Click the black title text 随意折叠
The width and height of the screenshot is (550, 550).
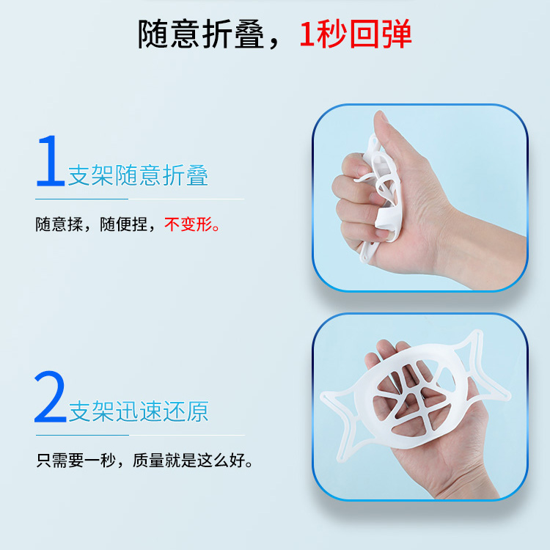[x=201, y=34]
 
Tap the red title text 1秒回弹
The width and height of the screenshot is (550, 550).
[x=356, y=34]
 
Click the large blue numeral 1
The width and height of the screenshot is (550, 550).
[x=51, y=161]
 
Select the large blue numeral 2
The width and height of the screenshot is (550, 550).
[x=50, y=396]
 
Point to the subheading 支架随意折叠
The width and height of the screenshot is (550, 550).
[x=138, y=175]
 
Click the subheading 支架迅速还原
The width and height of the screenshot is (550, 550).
[x=139, y=411]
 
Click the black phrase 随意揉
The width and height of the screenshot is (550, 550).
[x=59, y=224]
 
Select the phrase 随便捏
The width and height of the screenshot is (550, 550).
[x=123, y=224]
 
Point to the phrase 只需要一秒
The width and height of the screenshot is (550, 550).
[x=76, y=461]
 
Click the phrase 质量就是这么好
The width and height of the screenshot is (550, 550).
[x=188, y=461]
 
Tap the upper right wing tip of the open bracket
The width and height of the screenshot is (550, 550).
[x=477, y=333]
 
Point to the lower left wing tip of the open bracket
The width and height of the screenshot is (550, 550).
[x=340, y=457]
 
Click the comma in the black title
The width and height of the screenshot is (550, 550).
[x=275, y=44]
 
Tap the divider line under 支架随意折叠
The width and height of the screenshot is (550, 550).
[x=139, y=199]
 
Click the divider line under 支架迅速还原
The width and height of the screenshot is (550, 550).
[x=140, y=435]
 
